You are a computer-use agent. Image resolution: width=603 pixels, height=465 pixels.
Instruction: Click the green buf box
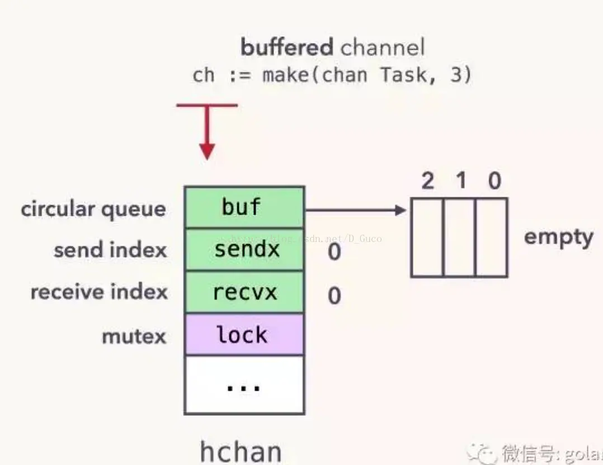tap(244, 207)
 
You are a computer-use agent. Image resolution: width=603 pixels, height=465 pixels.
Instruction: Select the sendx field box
tap(244, 250)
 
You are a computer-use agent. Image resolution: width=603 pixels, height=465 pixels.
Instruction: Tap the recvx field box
tap(244, 292)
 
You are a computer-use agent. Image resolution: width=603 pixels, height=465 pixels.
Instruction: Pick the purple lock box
tap(244, 335)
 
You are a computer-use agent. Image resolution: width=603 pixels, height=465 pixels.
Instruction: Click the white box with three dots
tap(244, 385)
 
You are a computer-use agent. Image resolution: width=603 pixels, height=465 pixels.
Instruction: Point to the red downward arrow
tap(207, 134)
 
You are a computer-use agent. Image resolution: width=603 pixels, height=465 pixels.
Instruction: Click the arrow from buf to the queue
tap(355, 211)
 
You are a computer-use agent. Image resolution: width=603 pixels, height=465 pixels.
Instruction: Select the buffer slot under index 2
tap(427, 238)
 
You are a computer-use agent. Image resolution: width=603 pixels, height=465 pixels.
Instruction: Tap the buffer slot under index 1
tap(460, 238)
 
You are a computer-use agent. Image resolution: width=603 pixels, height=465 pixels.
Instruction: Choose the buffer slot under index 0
tap(492, 238)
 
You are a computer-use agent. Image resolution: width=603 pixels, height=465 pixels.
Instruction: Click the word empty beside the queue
tap(558, 238)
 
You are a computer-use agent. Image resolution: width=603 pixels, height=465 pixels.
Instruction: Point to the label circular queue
tap(93, 210)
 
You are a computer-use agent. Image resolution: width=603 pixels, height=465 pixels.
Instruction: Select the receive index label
tap(99, 292)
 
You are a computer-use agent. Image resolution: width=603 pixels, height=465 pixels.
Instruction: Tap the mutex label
tap(134, 336)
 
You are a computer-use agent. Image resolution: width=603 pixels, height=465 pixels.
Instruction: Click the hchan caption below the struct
tap(241, 451)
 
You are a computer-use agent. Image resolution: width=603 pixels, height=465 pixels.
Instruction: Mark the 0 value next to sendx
tap(334, 252)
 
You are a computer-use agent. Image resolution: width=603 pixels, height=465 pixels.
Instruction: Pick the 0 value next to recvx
tap(334, 295)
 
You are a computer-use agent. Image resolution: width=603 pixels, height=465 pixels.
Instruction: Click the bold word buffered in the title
tap(287, 48)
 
